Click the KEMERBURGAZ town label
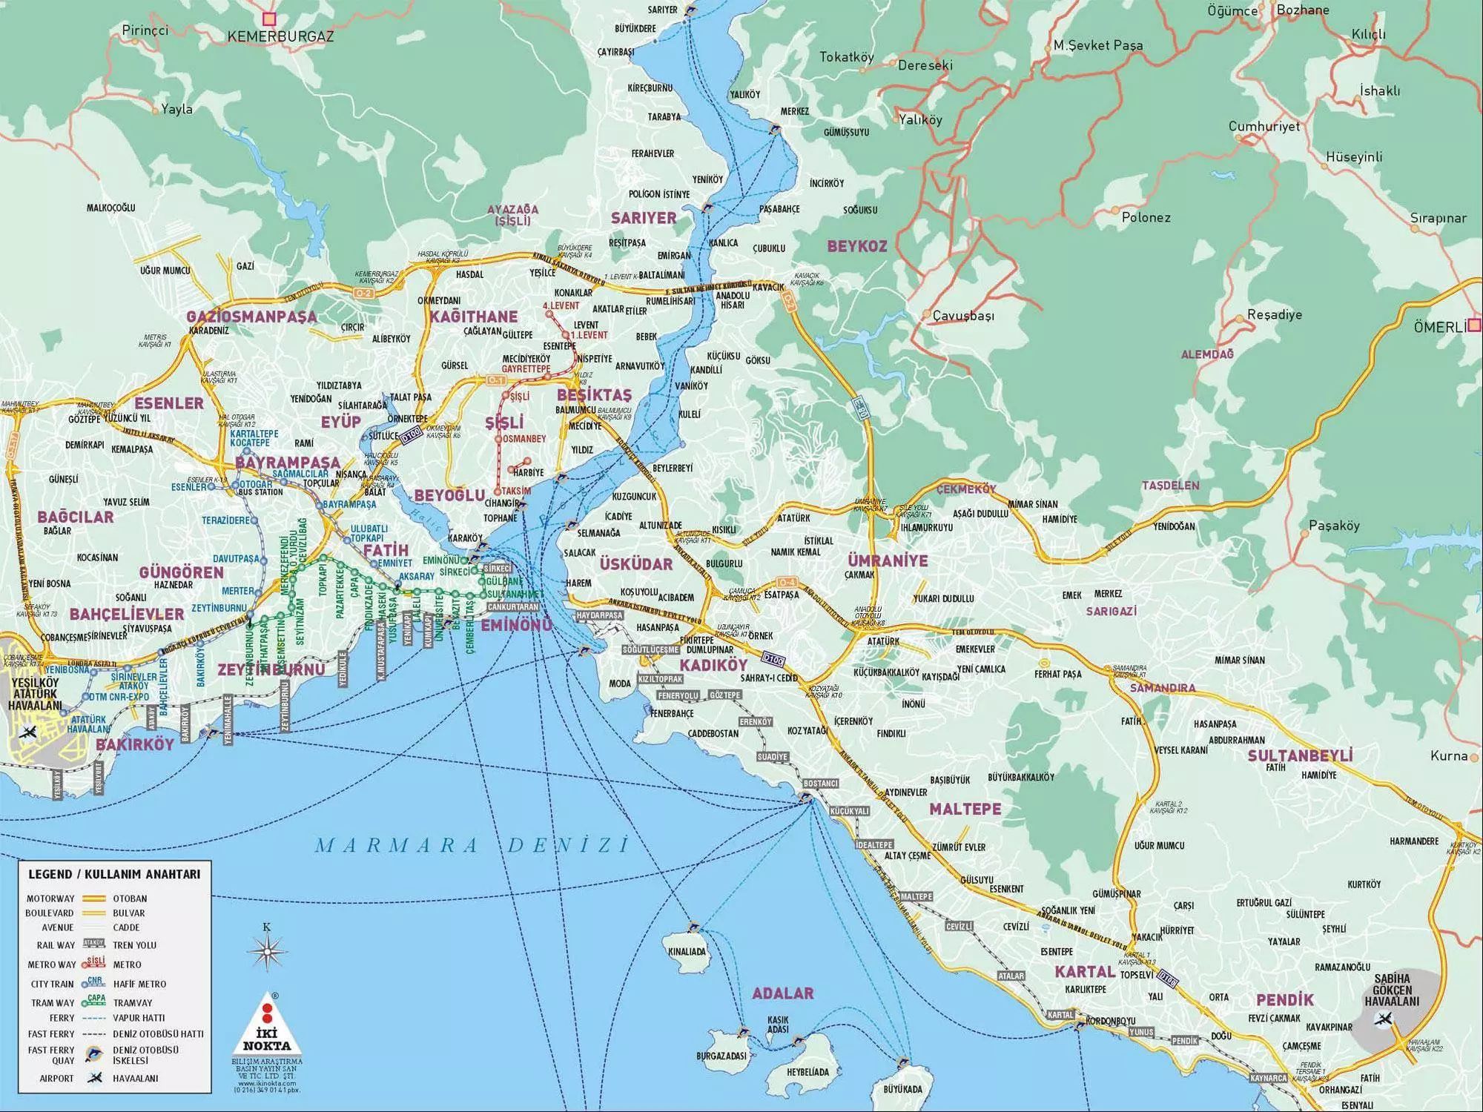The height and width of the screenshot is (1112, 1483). [x=280, y=36]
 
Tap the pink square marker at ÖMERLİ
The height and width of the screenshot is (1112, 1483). [x=1475, y=324]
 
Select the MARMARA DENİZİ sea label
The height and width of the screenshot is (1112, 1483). [x=472, y=845]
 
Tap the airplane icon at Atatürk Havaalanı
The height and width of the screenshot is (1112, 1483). [x=30, y=732]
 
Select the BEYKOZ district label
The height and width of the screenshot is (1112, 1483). [x=857, y=246]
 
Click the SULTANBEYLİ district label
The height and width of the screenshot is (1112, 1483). [x=1300, y=755]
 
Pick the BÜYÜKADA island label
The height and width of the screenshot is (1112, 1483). [x=902, y=1089]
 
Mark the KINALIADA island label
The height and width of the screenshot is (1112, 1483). [x=687, y=951]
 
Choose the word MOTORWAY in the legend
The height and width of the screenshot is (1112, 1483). [x=50, y=898]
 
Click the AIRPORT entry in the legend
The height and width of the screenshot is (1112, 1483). [x=56, y=1079]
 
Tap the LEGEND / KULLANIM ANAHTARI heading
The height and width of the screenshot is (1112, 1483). [x=114, y=874]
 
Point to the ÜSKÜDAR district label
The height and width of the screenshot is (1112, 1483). [x=635, y=564]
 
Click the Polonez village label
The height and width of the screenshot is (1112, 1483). [x=1146, y=218]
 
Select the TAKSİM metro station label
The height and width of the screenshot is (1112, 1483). [x=516, y=491]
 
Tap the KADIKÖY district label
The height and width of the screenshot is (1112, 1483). [x=713, y=665]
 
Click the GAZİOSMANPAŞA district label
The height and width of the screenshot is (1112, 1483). [x=251, y=317]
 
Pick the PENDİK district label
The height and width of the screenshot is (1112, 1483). [x=1284, y=999]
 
